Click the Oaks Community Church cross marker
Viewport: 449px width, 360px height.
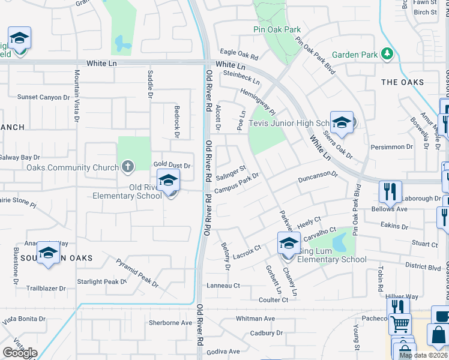pos(127,167)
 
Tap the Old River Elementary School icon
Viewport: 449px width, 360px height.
pos(169,180)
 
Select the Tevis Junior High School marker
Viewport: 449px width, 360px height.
pos(342,122)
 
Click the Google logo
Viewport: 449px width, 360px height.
pos(20,353)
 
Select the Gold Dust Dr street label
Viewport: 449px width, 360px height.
pos(172,165)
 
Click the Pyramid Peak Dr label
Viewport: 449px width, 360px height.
pos(137,271)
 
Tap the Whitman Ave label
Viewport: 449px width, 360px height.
pos(255,319)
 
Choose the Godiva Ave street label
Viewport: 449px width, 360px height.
pos(223,351)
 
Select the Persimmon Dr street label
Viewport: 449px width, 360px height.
pos(393,146)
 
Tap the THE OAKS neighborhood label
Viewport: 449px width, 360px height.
pos(402,82)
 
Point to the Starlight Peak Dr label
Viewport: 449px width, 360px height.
pos(101,281)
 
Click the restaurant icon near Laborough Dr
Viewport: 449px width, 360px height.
pos(390,191)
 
